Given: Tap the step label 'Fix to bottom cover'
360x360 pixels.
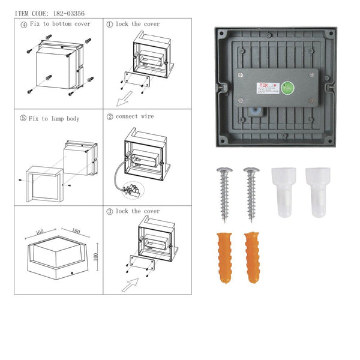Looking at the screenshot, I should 59,25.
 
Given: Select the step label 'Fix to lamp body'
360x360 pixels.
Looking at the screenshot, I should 55,118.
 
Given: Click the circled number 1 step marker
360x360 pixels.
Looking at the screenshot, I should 109,25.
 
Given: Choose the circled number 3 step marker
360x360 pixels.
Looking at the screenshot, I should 109,211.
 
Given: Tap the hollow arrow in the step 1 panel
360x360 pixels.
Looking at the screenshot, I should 127,97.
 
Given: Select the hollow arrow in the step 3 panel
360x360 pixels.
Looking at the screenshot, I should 129,285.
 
